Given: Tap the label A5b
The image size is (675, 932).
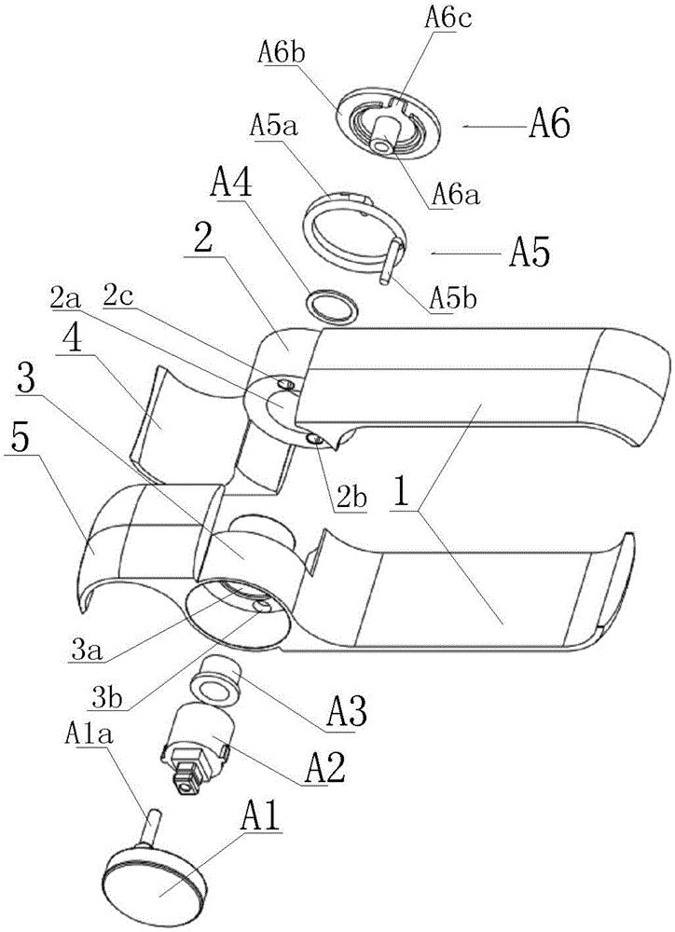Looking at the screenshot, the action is (x=452, y=299).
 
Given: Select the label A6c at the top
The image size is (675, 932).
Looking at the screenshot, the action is (x=448, y=19).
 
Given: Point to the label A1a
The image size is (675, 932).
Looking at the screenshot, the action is (x=90, y=734).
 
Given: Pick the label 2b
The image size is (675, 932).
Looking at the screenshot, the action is (x=351, y=499).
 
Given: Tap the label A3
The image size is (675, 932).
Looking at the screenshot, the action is (x=348, y=711).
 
